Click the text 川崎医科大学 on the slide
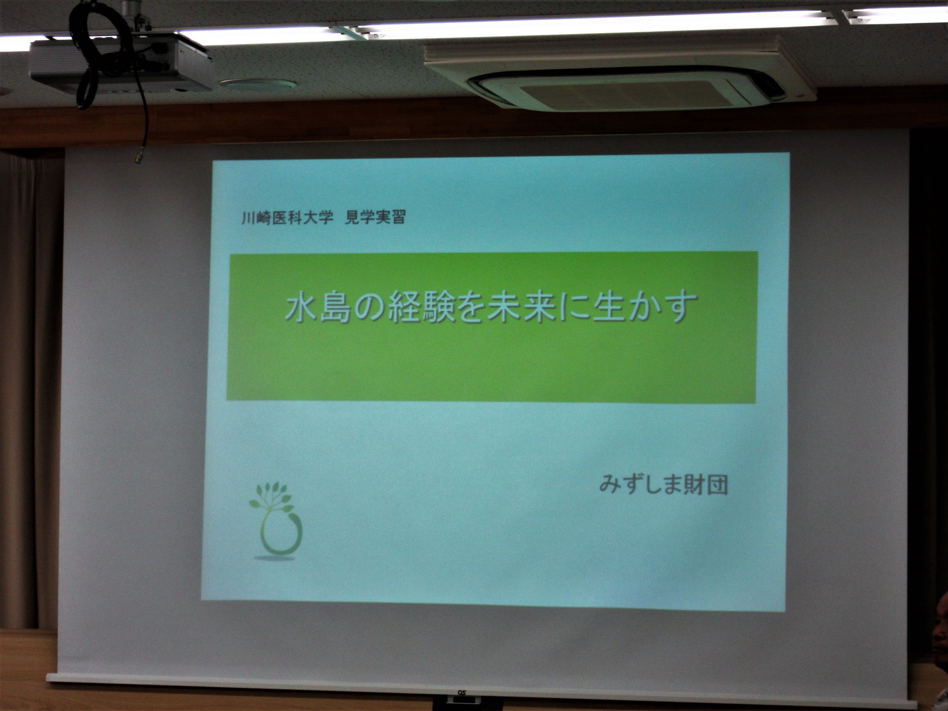284,219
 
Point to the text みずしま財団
663,484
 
